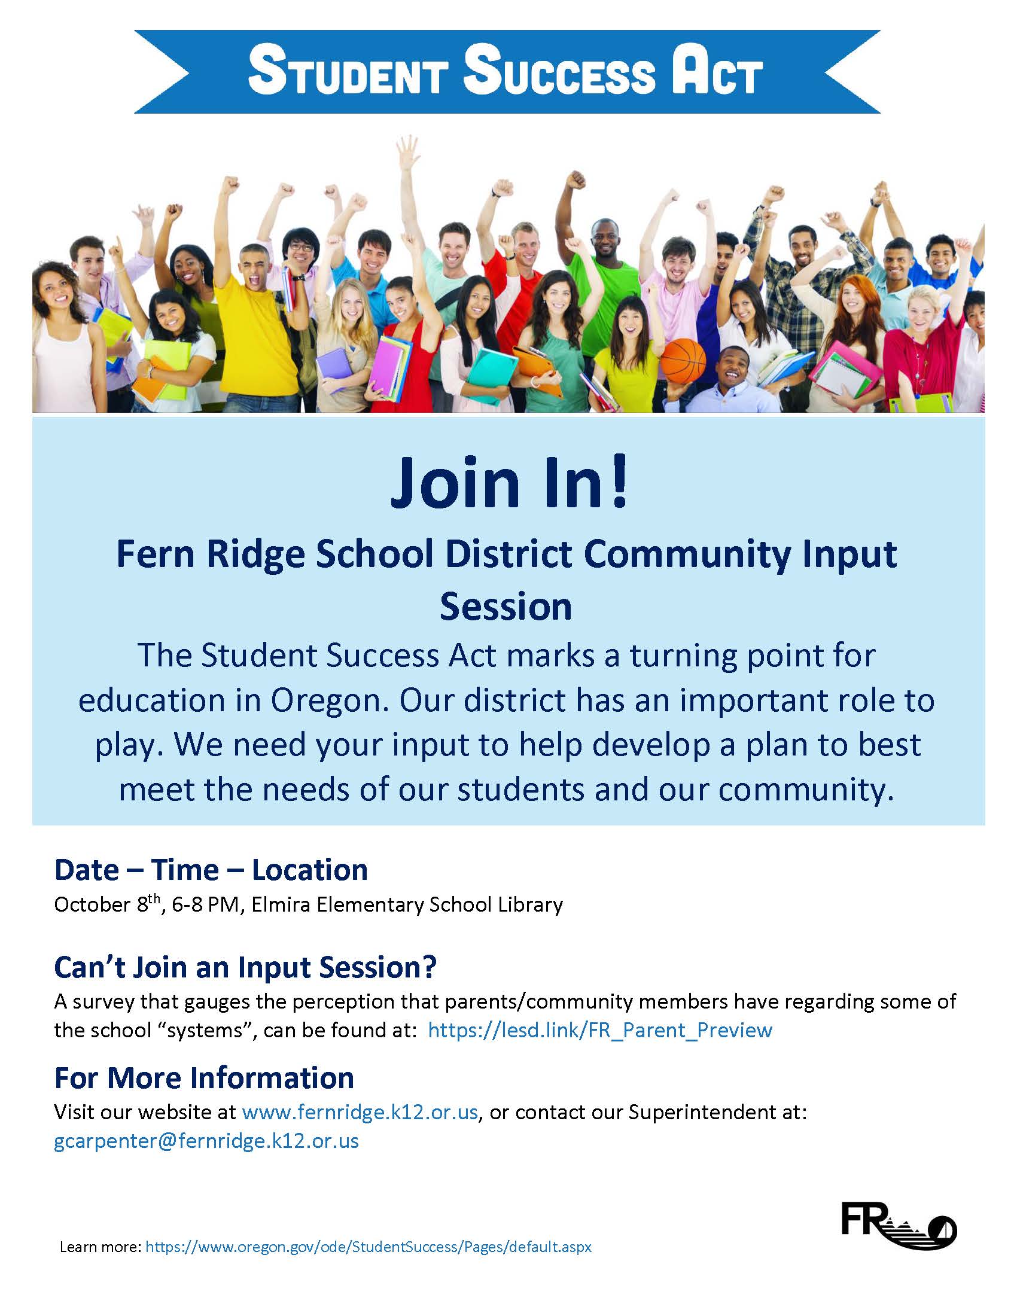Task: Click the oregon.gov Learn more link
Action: (x=369, y=1247)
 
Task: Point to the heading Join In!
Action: (x=509, y=483)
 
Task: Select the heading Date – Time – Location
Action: (x=211, y=870)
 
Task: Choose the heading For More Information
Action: (x=204, y=1078)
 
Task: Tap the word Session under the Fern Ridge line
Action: (x=506, y=607)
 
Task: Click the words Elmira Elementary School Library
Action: (x=407, y=905)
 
